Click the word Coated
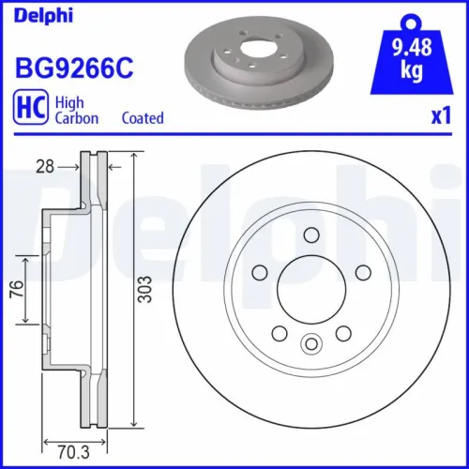(x=143, y=118)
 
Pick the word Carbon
(x=79, y=118)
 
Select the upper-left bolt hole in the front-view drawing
(x=259, y=271)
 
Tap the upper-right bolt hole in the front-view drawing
(x=362, y=273)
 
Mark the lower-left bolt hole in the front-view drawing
(x=279, y=333)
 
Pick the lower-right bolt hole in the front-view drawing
(x=342, y=333)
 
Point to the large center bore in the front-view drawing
(x=310, y=290)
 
